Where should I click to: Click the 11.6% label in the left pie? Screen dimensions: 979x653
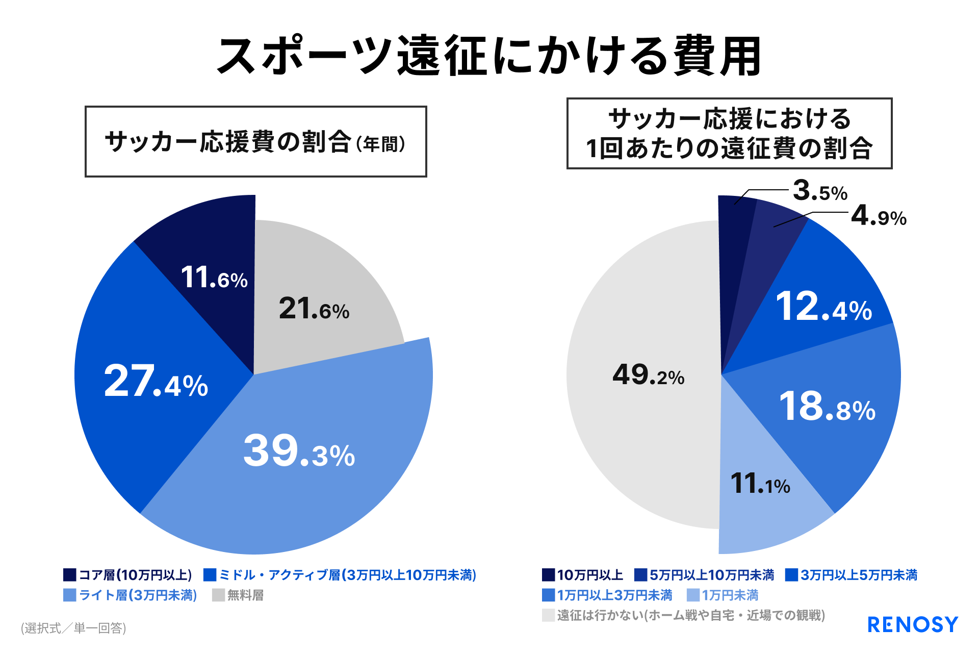pyautogui.click(x=214, y=278)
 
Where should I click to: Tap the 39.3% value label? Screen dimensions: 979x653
pyautogui.click(x=299, y=450)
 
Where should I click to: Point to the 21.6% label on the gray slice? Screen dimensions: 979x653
pyautogui.click(x=314, y=309)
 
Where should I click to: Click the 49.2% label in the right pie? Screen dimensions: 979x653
pyautogui.click(x=648, y=374)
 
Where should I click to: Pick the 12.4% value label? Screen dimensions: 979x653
pyautogui.click(x=824, y=307)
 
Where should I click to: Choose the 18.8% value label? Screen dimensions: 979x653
pyautogui.click(x=828, y=407)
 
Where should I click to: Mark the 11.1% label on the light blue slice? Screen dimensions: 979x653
pyautogui.click(x=760, y=483)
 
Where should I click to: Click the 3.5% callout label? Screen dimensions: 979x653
pyautogui.click(x=820, y=191)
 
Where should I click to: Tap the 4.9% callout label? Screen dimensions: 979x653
pyautogui.click(x=879, y=215)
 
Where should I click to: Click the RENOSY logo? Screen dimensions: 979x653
pyautogui.click(x=913, y=624)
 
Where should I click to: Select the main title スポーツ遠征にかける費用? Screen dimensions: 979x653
pyautogui.click(x=489, y=56)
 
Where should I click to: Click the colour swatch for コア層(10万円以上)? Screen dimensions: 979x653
pyautogui.click(x=70, y=575)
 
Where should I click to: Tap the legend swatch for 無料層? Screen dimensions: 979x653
pyautogui.click(x=219, y=595)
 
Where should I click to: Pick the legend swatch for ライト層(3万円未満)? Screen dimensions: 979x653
pyautogui.click(x=70, y=595)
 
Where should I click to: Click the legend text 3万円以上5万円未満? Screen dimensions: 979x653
pyautogui.click(x=859, y=575)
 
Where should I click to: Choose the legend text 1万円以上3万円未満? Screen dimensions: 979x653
pyautogui.click(x=614, y=595)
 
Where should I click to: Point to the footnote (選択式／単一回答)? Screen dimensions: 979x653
pyautogui.click(x=73, y=628)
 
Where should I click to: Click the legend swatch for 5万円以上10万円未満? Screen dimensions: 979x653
pyautogui.click(x=640, y=575)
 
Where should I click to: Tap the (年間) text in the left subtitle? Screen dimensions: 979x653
pyautogui.click(x=381, y=144)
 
